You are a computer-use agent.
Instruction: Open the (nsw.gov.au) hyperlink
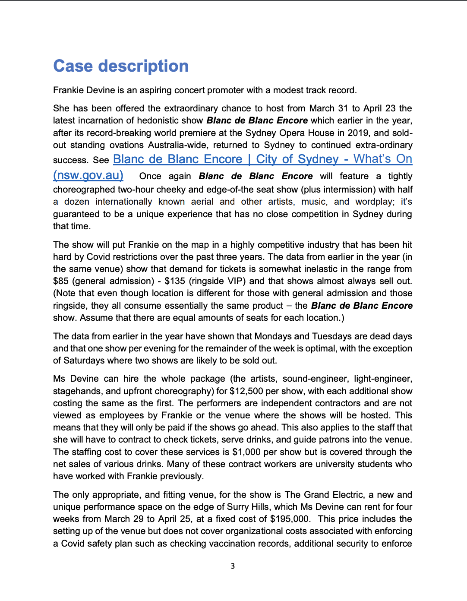(88, 175)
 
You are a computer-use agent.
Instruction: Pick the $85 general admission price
(61, 281)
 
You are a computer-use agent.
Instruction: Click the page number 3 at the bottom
(233, 566)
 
